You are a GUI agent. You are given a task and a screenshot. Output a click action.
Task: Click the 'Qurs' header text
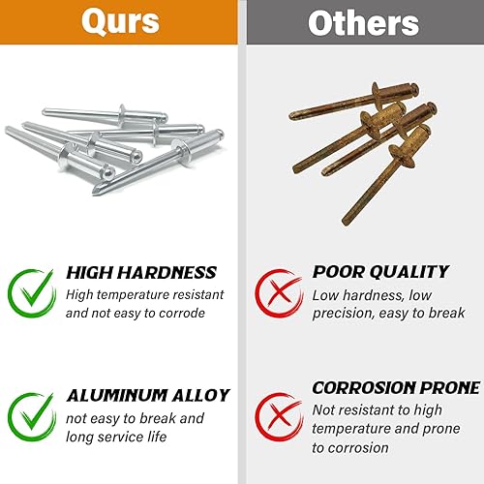[120, 21]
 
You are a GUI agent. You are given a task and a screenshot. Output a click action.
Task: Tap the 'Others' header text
[363, 22]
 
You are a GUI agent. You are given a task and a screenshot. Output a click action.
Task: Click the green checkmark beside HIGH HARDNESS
[32, 293]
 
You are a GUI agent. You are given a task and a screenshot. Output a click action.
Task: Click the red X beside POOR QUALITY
[279, 293]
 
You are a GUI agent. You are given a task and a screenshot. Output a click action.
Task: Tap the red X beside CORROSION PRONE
[279, 416]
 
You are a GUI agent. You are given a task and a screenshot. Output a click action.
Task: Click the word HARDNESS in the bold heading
[166, 273]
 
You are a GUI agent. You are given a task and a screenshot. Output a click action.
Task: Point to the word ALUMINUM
[117, 396]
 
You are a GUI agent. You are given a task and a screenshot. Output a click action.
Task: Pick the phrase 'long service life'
[116, 437]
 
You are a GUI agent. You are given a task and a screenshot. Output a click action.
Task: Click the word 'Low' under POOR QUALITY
[325, 295]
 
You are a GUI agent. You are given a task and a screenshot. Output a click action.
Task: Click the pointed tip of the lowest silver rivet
[94, 193]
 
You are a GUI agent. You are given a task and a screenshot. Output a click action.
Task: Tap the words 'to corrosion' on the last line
[350, 448]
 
